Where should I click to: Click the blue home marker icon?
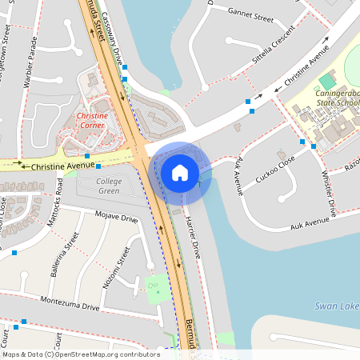point(180,172)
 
